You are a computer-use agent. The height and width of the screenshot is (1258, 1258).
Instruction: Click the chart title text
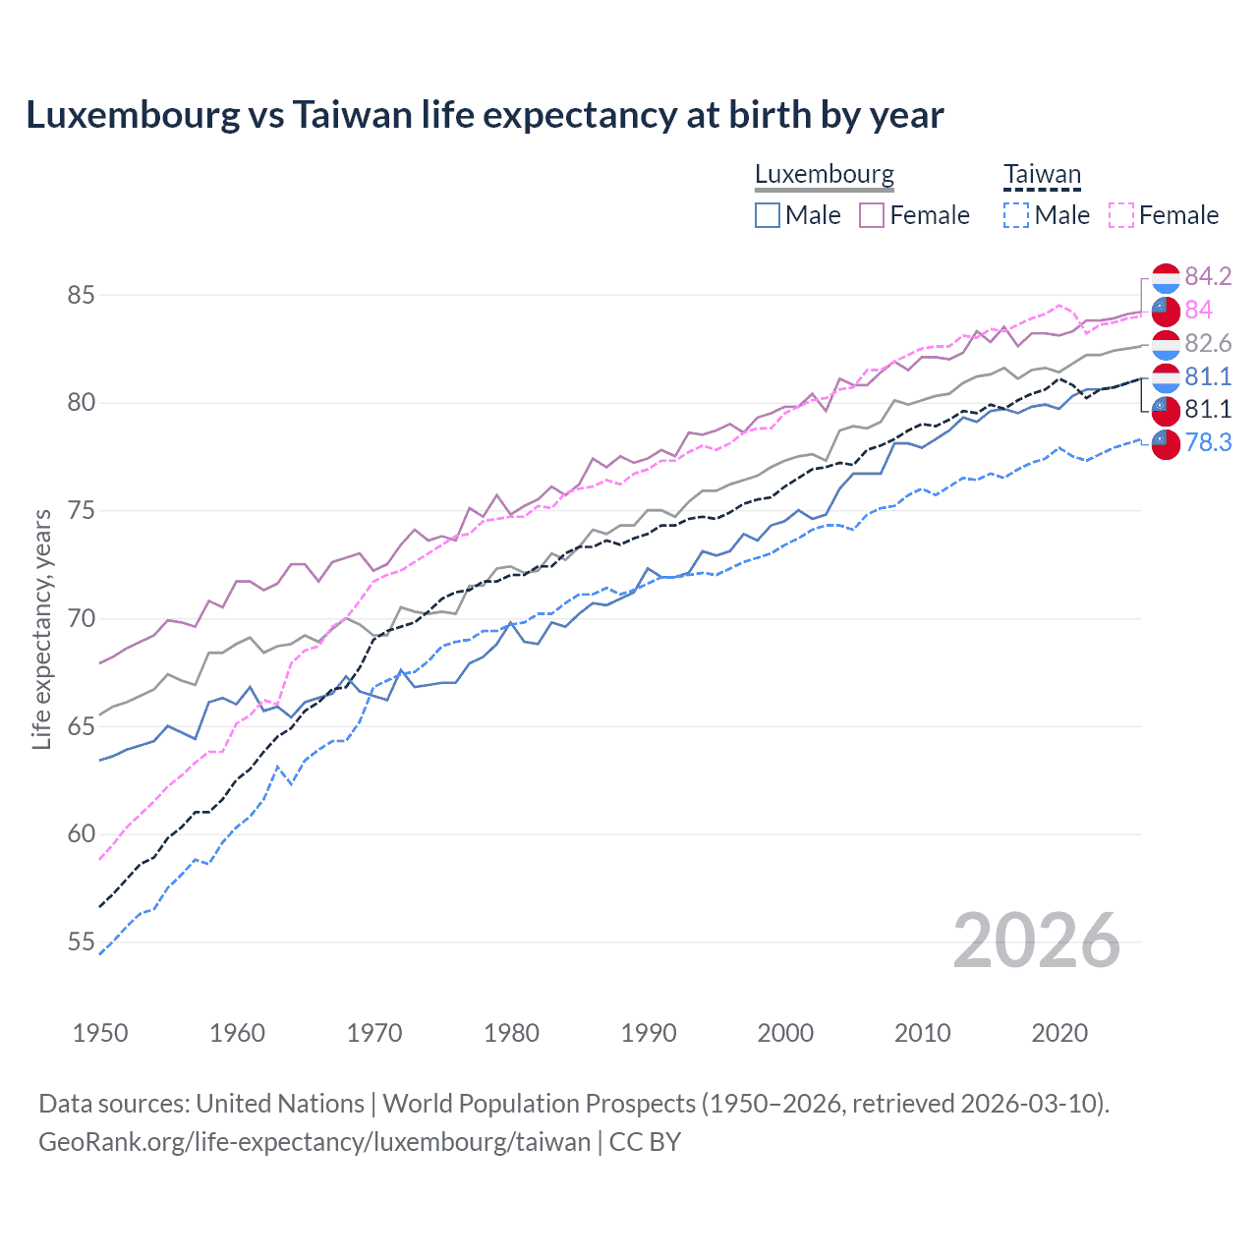point(485,115)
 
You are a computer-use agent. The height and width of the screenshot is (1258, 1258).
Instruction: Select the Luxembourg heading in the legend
point(824,174)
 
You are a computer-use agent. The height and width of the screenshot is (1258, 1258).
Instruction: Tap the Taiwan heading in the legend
point(1042,175)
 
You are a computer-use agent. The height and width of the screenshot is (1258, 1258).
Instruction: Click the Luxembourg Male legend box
point(768,215)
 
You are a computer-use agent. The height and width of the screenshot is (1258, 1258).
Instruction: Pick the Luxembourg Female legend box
point(872,215)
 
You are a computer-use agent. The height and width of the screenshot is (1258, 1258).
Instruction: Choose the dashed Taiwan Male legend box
point(1016,215)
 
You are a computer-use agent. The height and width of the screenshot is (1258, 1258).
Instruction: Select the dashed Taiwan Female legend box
point(1121,215)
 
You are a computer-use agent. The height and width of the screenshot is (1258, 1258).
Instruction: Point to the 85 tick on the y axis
point(82,295)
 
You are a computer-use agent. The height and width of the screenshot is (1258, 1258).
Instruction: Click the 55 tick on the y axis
point(82,942)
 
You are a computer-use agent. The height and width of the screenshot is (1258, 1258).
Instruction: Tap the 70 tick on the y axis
point(82,618)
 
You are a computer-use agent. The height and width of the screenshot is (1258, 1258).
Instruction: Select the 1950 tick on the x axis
point(100,1033)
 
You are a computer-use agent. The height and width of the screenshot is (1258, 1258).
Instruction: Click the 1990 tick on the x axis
point(649,1033)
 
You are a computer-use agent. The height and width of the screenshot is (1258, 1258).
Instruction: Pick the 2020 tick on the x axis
point(1059,1033)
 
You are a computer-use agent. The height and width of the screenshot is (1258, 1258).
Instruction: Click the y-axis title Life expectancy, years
point(41,629)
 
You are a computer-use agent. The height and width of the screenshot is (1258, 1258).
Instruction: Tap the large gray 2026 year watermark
point(1036,941)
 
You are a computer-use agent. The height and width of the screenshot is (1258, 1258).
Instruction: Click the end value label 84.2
point(1208,276)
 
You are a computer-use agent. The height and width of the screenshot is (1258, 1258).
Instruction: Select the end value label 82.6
point(1208,343)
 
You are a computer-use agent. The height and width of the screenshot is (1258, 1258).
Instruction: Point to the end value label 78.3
point(1208,442)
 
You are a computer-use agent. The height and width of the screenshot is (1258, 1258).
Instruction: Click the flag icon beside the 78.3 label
point(1166,444)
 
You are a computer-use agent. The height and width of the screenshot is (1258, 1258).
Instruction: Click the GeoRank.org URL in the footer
point(314,1141)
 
